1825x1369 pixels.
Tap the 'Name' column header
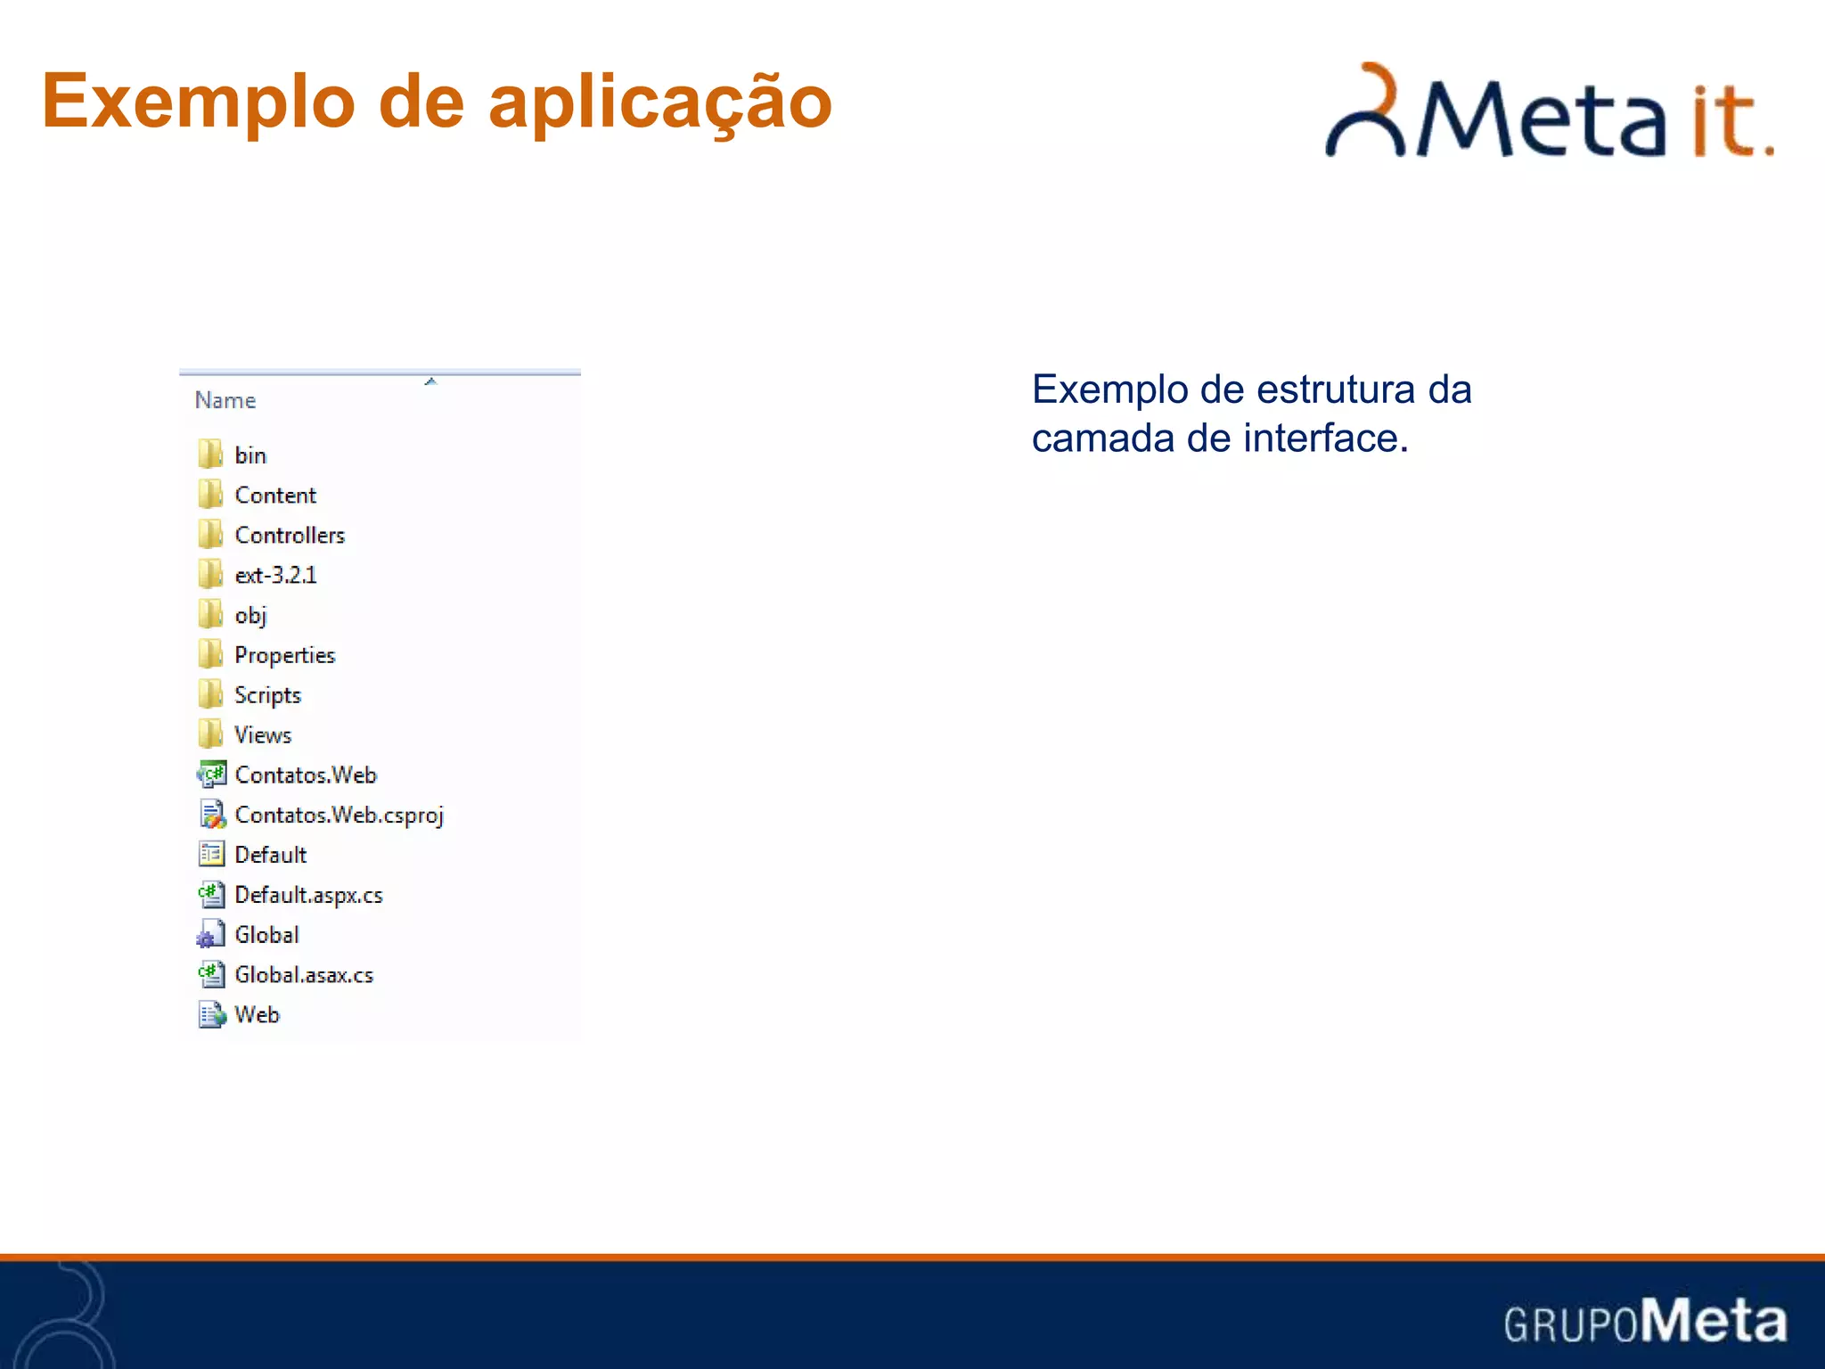(x=225, y=401)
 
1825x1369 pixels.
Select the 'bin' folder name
(x=250, y=455)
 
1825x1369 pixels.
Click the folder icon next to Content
(x=210, y=495)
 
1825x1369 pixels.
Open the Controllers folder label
(x=290, y=536)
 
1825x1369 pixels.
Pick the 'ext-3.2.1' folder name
(x=275, y=576)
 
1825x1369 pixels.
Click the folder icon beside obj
(x=210, y=615)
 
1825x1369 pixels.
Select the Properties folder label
(x=284, y=655)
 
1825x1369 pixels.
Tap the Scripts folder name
(x=267, y=695)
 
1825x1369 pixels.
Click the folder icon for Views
(x=210, y=734)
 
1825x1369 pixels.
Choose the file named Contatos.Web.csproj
(x=339, y=816)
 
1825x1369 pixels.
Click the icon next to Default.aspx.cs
(x=211, y=895)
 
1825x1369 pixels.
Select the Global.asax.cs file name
(x=304, y=975)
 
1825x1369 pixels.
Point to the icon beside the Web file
(x=212, y=1015)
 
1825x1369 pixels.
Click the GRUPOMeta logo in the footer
(x=1645, y=1321)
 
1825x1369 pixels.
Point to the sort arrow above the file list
(x=430, y=381)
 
